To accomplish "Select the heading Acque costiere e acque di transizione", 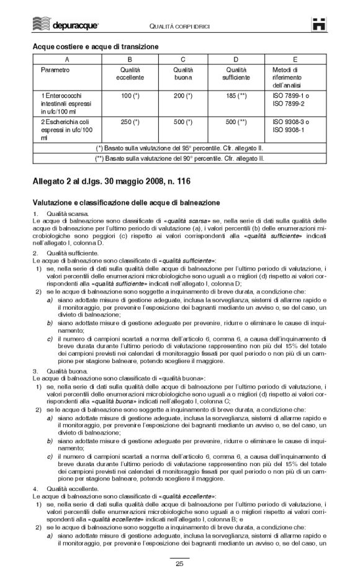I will (x=95, y=47).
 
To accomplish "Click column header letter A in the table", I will (x=66, y=59).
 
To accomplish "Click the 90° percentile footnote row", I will (x=179, y=158).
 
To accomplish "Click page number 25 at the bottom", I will (x=179, y=564).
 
